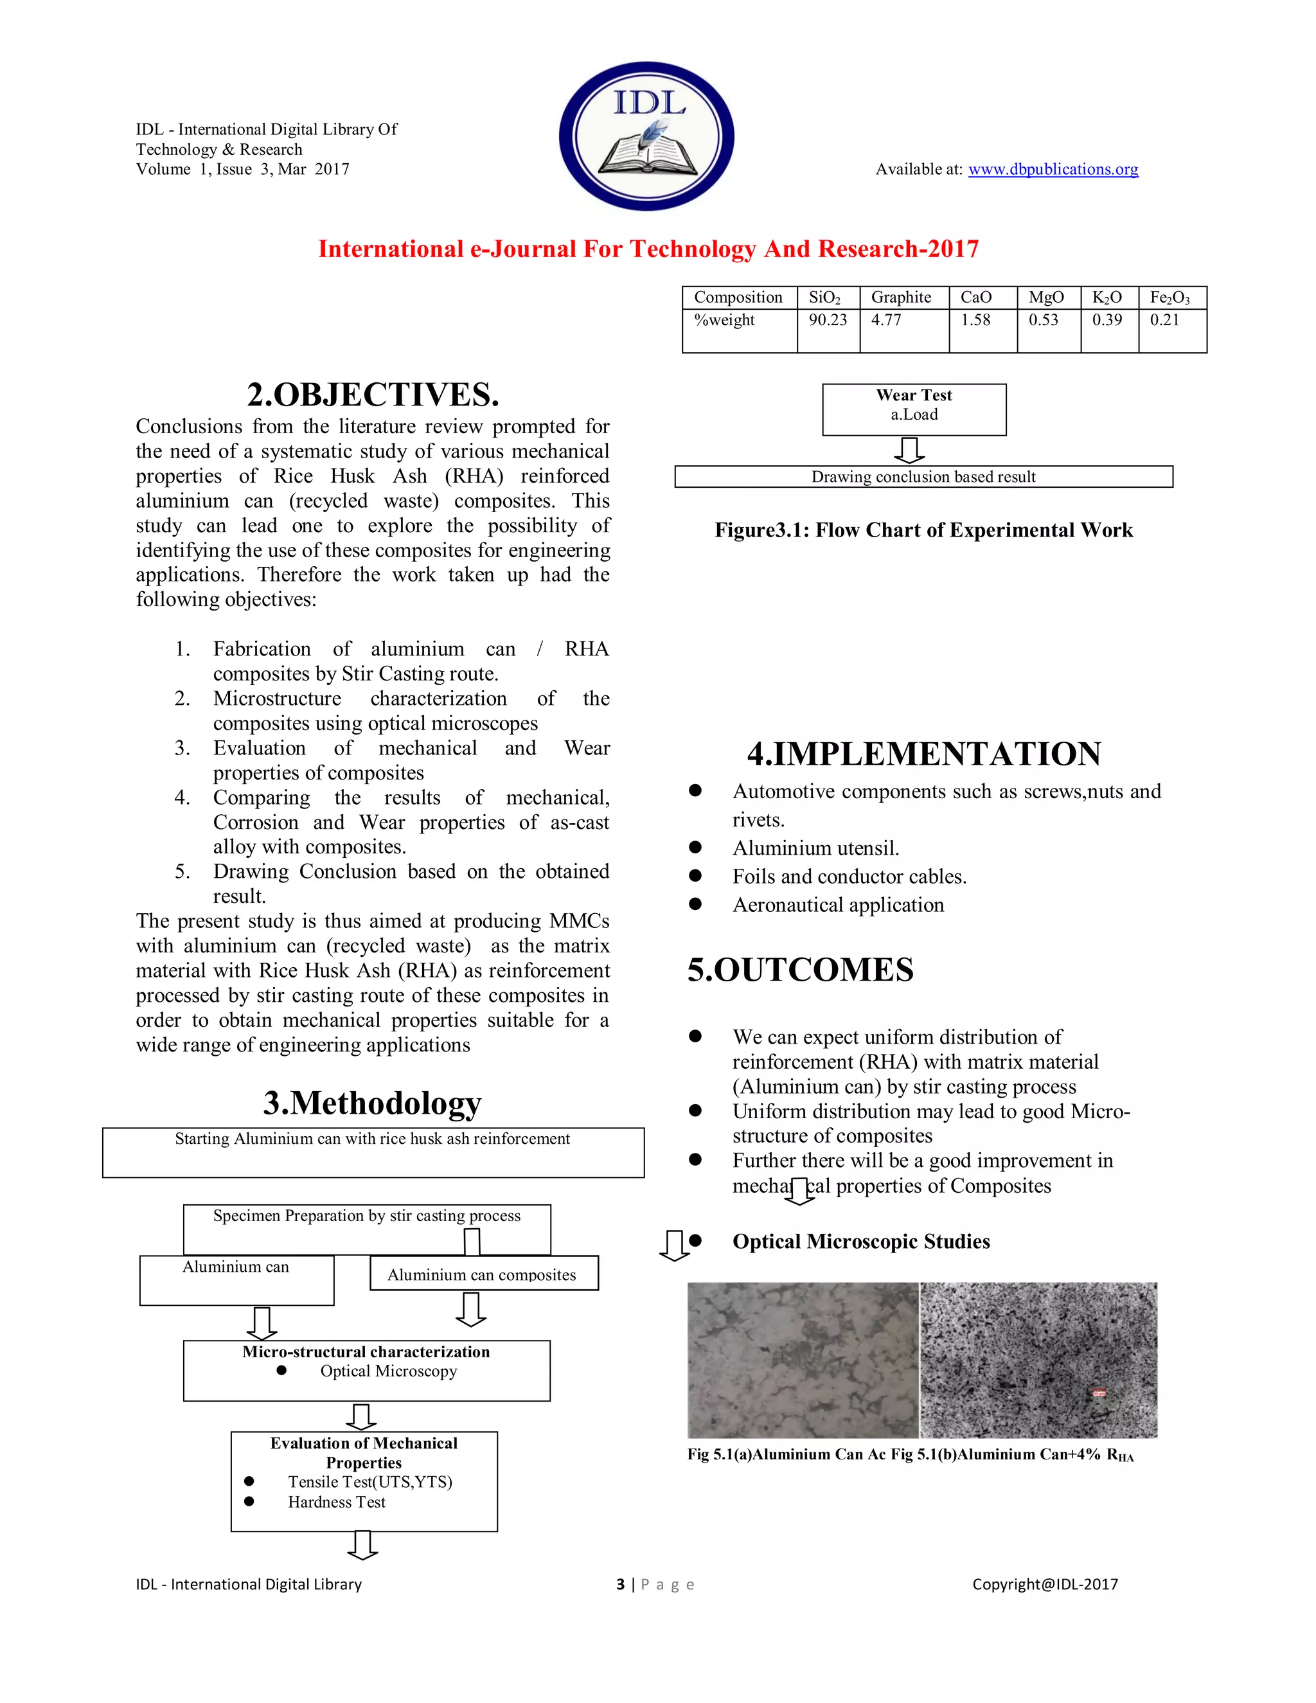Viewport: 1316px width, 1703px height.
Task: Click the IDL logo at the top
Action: click(x=646, y=136)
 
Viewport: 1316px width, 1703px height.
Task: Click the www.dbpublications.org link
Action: click(x=1053, y=169)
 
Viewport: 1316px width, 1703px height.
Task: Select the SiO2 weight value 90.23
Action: click(x=827, y=319)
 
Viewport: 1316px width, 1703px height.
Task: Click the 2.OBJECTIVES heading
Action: click(x=373, y=395)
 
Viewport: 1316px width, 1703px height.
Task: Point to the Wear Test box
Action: click(x=914, y=409)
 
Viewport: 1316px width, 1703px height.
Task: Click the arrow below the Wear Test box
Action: click(x=909, y=450)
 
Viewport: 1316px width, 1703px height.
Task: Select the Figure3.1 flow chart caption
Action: click(x=923, y=530)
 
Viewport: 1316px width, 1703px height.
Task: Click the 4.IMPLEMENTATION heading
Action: click(x=924, y=754)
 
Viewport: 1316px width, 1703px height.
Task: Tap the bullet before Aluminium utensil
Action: click(x=695, y=848)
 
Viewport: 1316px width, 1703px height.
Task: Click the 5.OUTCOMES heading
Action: click(x=800, y=970)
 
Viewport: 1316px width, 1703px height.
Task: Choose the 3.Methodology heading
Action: click(x=372, y=1103)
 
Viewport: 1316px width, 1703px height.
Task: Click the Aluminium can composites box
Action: click(x=483, y=1274)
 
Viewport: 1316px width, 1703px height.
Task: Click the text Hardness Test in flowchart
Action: click(x=336, y=1502)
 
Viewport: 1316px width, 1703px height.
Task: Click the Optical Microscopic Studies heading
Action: click(x=860, y=1242)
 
